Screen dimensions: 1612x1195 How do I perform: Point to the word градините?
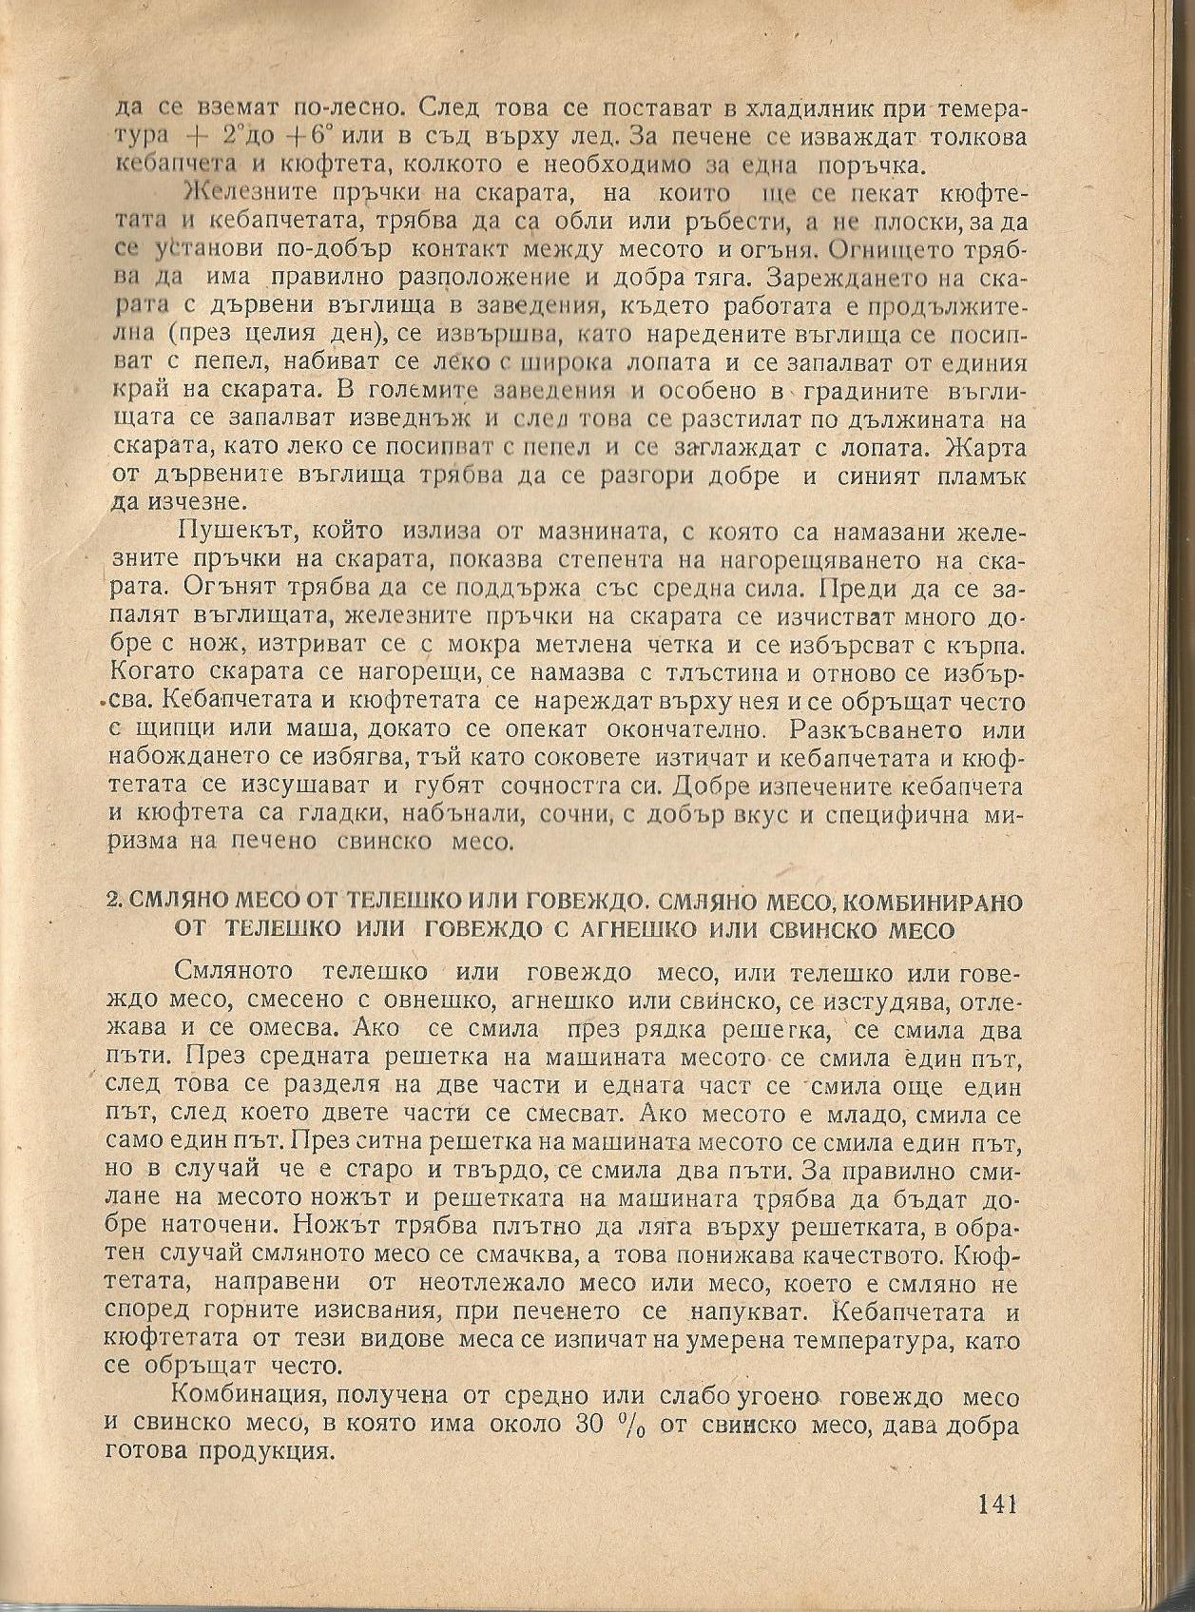(x=869, y=392)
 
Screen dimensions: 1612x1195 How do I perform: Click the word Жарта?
(x=989, y=446)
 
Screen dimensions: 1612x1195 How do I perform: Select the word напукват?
(x=750, y=1311)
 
